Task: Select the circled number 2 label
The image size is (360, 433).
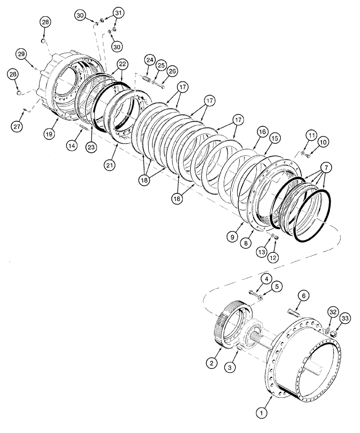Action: point(211,363)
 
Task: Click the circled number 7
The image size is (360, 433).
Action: point(327,167)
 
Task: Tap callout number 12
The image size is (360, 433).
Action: point(273,257)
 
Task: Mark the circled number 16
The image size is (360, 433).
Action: point(261,132)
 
